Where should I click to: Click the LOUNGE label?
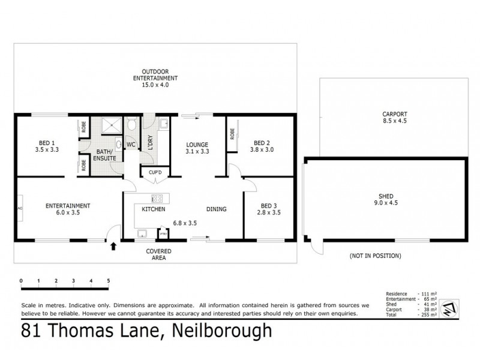pyautogui.click(x=197, y=145)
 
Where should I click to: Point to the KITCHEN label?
pyautogui.click(x=149, y=209)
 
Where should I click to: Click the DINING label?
pyautogui.click(x=216, y=209)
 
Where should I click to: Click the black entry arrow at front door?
pyautogui.click(x=113, y=245)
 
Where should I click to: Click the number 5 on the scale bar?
pyautogui.click(x=109, y=280)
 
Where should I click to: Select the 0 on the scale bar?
pyautogui.click(x=21, y=280)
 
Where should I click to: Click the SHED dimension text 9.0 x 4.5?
pyautogui.click(x=385, y=203)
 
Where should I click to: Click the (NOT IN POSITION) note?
pyautogui.click(x=375, y=256)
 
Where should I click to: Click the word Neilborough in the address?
pyautogui.click(x=223, y=331)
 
